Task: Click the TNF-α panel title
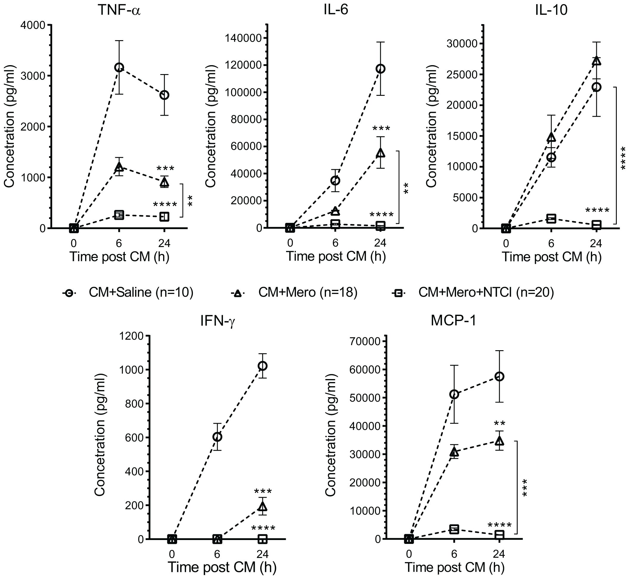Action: (119, 11)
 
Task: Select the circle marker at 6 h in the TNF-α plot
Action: (119, 67)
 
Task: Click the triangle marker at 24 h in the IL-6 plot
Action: (380, 153)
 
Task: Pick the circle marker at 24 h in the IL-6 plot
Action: (380, 69)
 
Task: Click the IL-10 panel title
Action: (551, 11)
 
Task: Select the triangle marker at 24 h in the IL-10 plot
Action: (597, 61)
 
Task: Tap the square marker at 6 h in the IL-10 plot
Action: (551, 218)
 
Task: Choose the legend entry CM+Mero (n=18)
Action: (308, 292)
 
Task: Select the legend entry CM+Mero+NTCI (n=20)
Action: (486, 292)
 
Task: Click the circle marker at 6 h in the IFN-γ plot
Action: (217, 437)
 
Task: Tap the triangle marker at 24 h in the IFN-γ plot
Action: (263, 507)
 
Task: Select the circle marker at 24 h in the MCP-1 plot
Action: (499, 376)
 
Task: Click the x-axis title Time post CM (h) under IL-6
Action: (336, 256)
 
